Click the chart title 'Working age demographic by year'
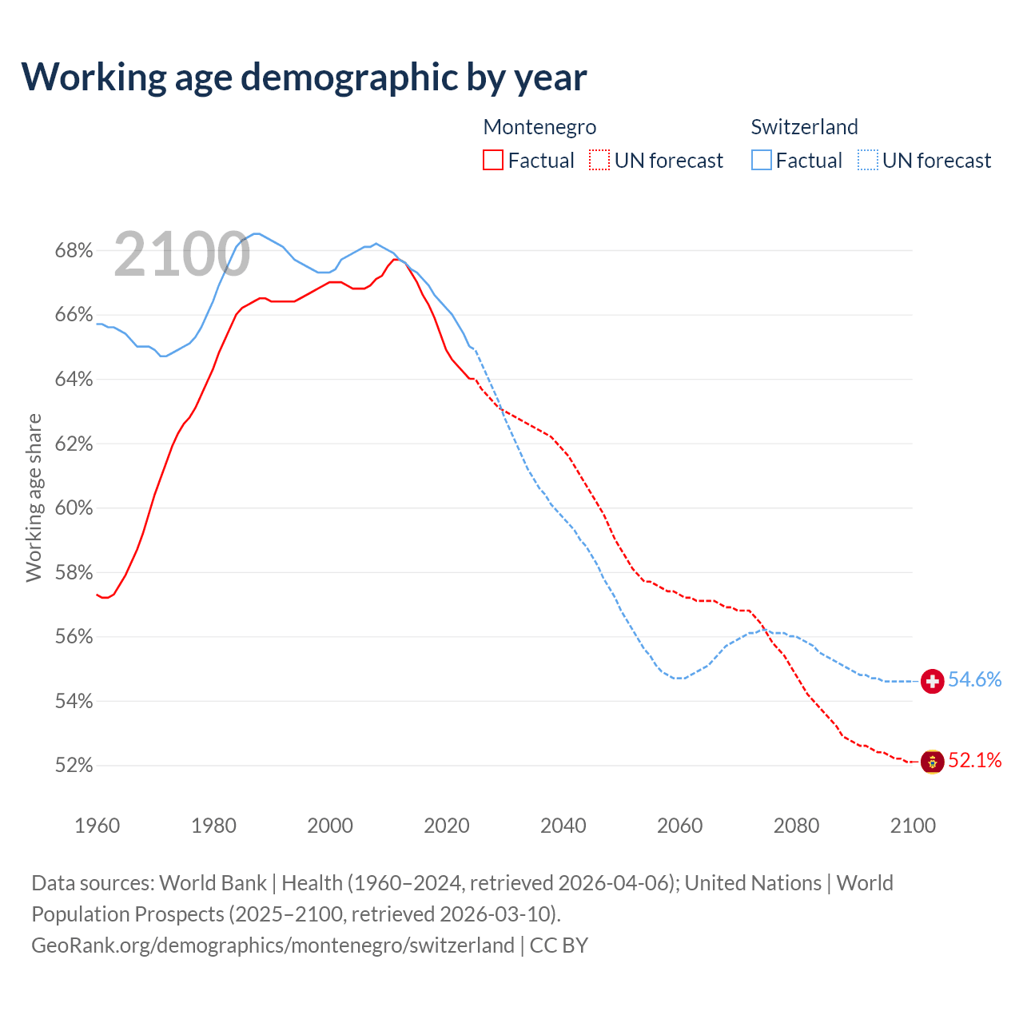pyautogui.click(x=304, y=77)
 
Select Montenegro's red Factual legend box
pyautogui.click(x=493, y=160)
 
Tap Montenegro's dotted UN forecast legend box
pyautogui.click(x=599, y=160)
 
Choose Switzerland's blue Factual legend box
pyautogui.click(x=762, y=160)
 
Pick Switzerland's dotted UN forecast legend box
pyautogui.click(x=868, y=160)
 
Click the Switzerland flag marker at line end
pyautogui.click(x=932, y=681)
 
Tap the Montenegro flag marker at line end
pyautogui.click(x=932, y=762)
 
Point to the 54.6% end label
pyautogui.click(x=974, y=679)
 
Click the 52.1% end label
pyautogui.click(x=974, y=760)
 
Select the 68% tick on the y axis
pyautogui.click(x=74, y=251)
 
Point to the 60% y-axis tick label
pyautogui.click(x=74, y=508)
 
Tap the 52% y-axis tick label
pyautogui.click(x=74, y=766)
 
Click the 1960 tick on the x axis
pyautogui.click(x=97, y=826)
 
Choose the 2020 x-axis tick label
pyautogui.click(x=447, y=826)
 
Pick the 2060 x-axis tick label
pyautogui.click(x=679, y=826)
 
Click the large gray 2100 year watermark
pyautogui.click(x=182, y=254)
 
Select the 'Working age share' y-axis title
pyautogui.click(x=34, y=497)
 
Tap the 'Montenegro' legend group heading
pyautogui.click(x=539, y=127)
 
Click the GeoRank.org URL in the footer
pyautogui.click(x=273, y=945)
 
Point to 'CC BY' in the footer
pyautogui.click(x=559, y=945)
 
